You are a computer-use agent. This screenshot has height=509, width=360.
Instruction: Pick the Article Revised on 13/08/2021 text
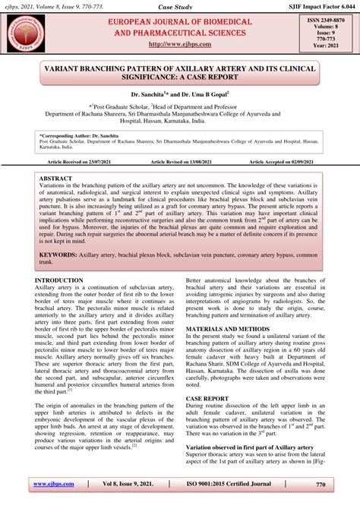click(179, 163)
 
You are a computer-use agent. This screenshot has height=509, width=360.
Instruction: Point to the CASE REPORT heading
click(207, 398)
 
